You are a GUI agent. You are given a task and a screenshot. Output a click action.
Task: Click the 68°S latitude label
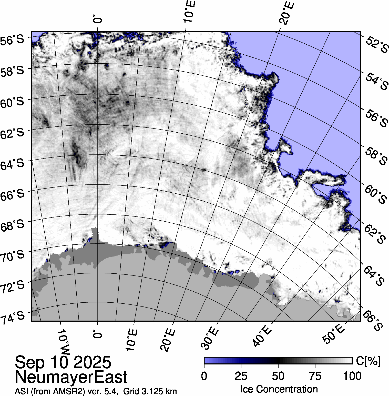coord(12,225)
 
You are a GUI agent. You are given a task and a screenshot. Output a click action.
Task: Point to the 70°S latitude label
coord(12,256)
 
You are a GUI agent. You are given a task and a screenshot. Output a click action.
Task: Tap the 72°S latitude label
coord(12,286)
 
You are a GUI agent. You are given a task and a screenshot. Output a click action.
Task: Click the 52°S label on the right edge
coord(376,44)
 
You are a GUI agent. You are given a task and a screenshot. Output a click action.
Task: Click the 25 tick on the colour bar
coord(241,376)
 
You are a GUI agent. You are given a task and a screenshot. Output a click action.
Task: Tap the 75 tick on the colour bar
coord(315,376)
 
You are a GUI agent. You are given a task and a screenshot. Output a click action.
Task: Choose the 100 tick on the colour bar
coord(352,376)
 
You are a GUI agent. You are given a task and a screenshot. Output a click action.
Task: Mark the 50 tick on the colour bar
coord(278,376)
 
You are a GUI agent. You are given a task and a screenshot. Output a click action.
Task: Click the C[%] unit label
coord(368,361)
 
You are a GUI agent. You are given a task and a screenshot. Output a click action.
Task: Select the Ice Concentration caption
coord(279,389)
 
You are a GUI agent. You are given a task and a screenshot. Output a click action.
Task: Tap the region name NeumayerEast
coord(71,377)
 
